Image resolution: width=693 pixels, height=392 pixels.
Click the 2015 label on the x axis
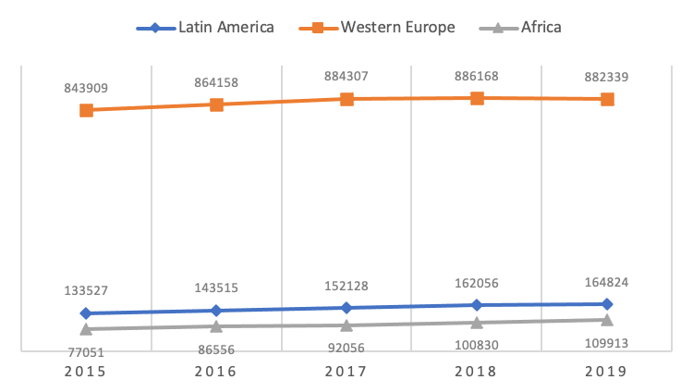point(86,372)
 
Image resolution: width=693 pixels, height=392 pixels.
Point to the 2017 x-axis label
point(346,372)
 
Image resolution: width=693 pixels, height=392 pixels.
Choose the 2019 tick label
point(606,372)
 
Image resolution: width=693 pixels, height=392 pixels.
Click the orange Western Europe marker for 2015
point(86,110)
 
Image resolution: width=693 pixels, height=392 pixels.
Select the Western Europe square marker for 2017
point(346,99)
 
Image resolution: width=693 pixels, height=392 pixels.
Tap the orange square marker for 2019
point(607,99)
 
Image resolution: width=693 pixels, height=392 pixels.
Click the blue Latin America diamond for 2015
point(86,313)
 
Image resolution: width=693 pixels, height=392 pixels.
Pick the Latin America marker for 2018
point(477,305)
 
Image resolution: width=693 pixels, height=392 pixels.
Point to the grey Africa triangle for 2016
point(216,326)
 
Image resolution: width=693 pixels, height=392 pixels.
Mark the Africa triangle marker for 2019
point(607,320)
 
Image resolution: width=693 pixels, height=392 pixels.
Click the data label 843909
point(86,88)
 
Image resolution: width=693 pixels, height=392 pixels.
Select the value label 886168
point(477,76)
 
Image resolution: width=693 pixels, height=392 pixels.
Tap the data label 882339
point(607,77)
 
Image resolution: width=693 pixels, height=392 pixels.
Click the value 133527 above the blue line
point(86,290)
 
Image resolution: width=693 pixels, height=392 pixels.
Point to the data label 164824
point(607,282)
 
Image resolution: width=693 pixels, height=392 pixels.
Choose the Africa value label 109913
point(607,343)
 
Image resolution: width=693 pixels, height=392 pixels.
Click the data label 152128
point(346,286)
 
